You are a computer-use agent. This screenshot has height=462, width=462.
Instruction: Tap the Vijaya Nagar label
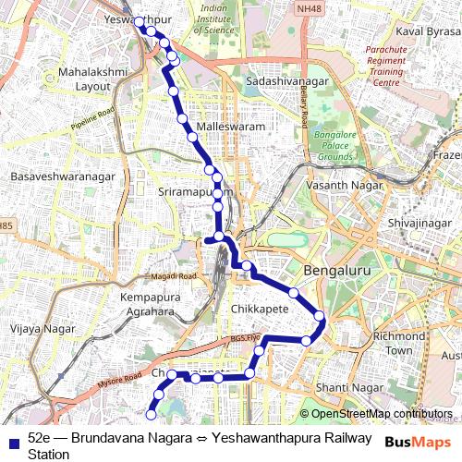35,327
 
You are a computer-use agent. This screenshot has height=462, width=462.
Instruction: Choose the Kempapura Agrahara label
154,305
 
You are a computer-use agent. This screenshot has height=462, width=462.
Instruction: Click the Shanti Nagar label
343,386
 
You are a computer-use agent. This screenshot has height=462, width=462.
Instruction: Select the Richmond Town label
398,344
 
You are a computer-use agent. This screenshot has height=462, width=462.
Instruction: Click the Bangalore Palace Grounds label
336,145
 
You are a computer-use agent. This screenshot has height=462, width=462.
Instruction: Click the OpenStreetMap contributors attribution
374,414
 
